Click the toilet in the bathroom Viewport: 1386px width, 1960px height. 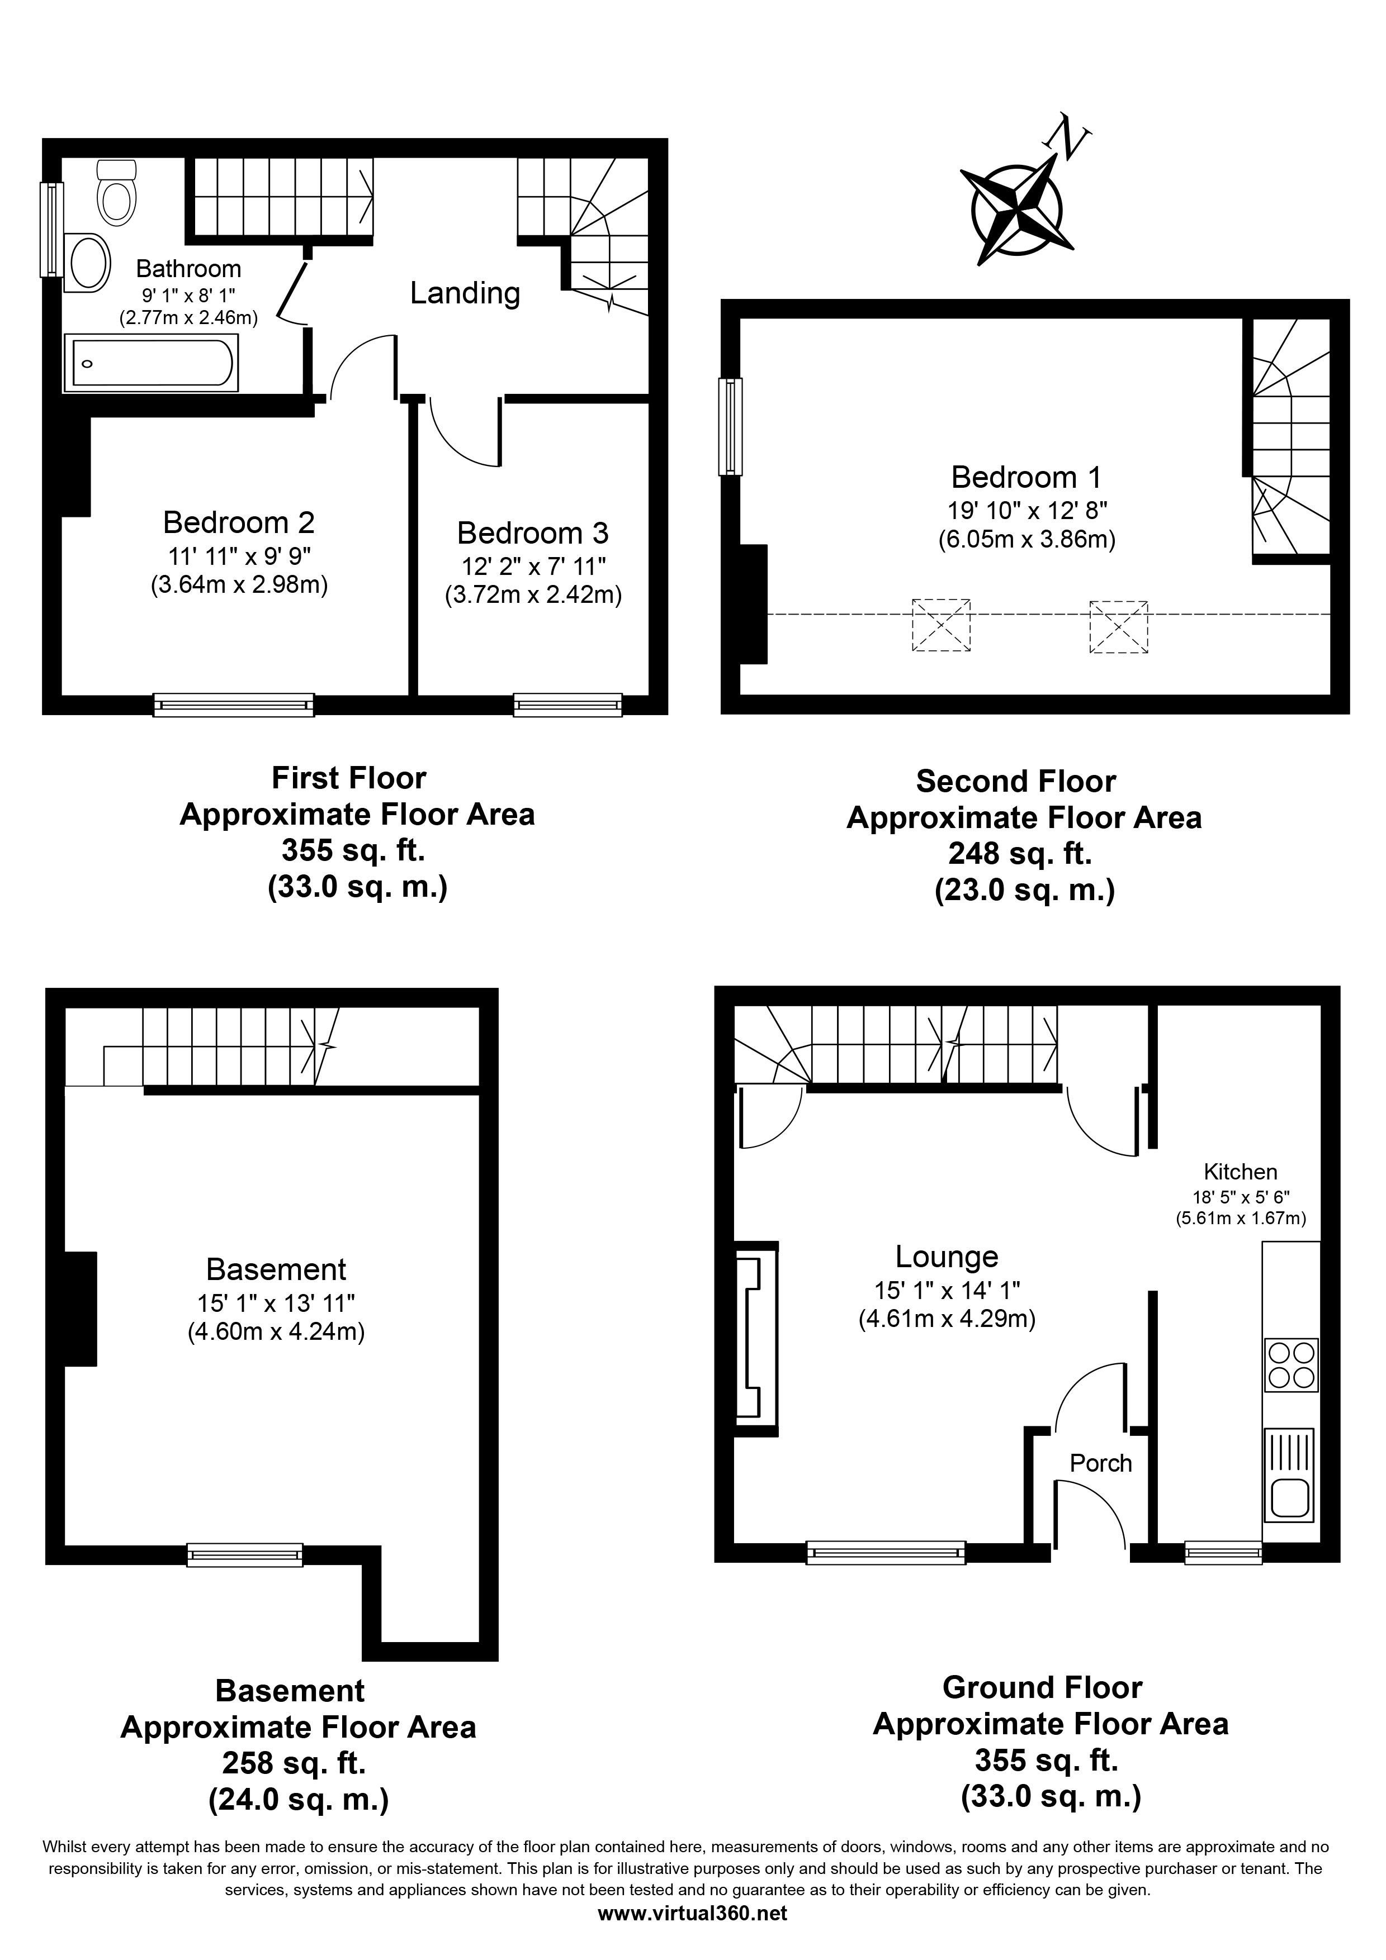(117, 189)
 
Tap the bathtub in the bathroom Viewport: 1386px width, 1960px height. (150, 363)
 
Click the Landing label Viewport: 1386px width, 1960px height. (465, 293)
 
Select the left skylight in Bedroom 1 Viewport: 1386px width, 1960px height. (941, 626)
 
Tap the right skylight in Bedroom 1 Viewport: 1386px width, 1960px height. (1119, 626)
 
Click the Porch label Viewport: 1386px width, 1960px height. (1101, 1464)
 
